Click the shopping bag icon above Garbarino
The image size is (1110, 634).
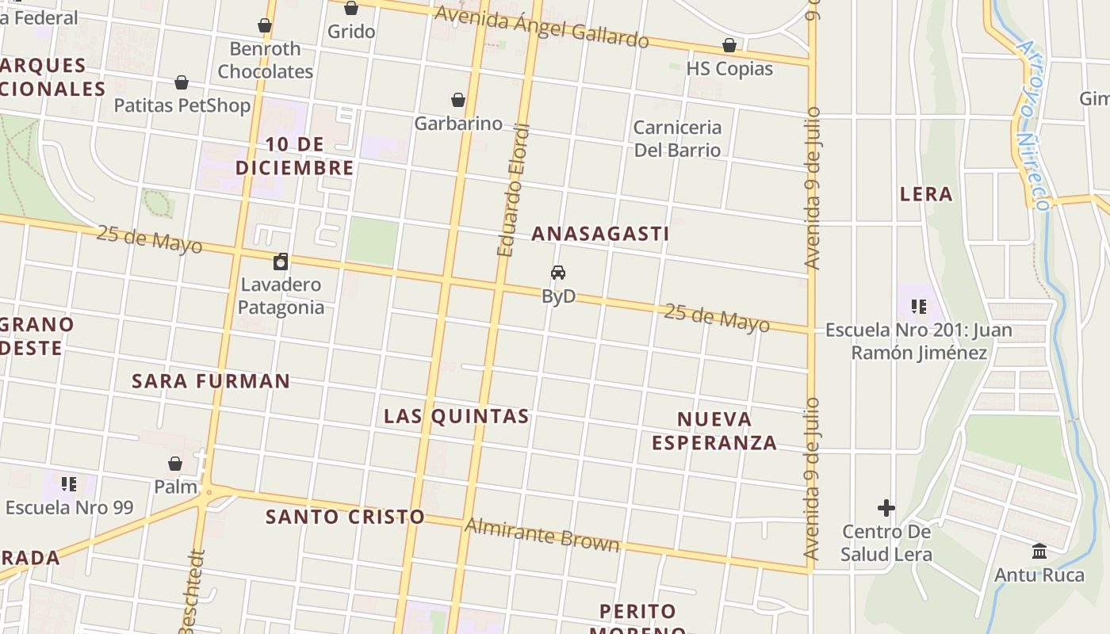click(458, 100)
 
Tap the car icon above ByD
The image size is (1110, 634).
click(558, 273)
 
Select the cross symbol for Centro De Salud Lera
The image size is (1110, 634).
click(886, 507)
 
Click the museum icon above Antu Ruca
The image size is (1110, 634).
click(1039, 551)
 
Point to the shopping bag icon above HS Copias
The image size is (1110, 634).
click(729, 45)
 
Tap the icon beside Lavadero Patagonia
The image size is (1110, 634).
click(281, 262)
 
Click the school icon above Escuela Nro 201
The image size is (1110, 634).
click(919, 306)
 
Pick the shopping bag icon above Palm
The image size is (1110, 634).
click(175, 463)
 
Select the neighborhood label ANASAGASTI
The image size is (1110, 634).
click(600, 234)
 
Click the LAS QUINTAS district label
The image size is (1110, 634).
click(457, 416)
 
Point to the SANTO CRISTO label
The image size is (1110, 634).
click(345, 517)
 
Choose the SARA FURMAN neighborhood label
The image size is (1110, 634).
click(211, 381)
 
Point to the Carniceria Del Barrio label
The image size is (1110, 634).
click(677, 139)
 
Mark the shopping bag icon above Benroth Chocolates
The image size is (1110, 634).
click(265, 26)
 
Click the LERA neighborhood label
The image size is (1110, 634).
click(926, 194)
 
